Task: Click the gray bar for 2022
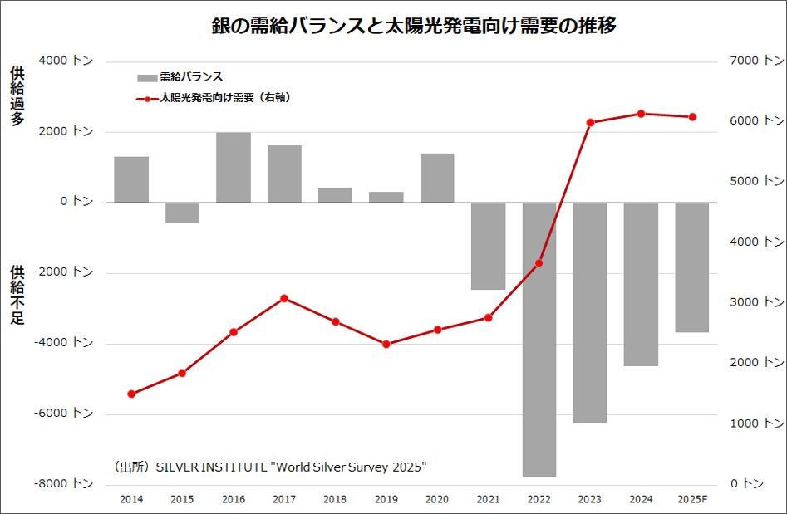(x=539, y=340)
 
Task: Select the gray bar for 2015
(x=182, y=213)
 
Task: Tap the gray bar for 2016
(x=234, y=168)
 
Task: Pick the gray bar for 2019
(x=386, y=198)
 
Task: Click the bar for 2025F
(x=691, y=267)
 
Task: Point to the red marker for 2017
(x=284, y=298)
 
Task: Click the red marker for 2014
(x=131, y=394)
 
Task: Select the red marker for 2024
(x=641, y=114)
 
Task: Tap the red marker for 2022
(x=539, y=263)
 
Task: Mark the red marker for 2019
(x=386, y=344)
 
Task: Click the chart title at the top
(x=413, y=26)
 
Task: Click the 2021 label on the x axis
(x=488, y=499)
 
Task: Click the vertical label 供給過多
(x=17, y=95)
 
